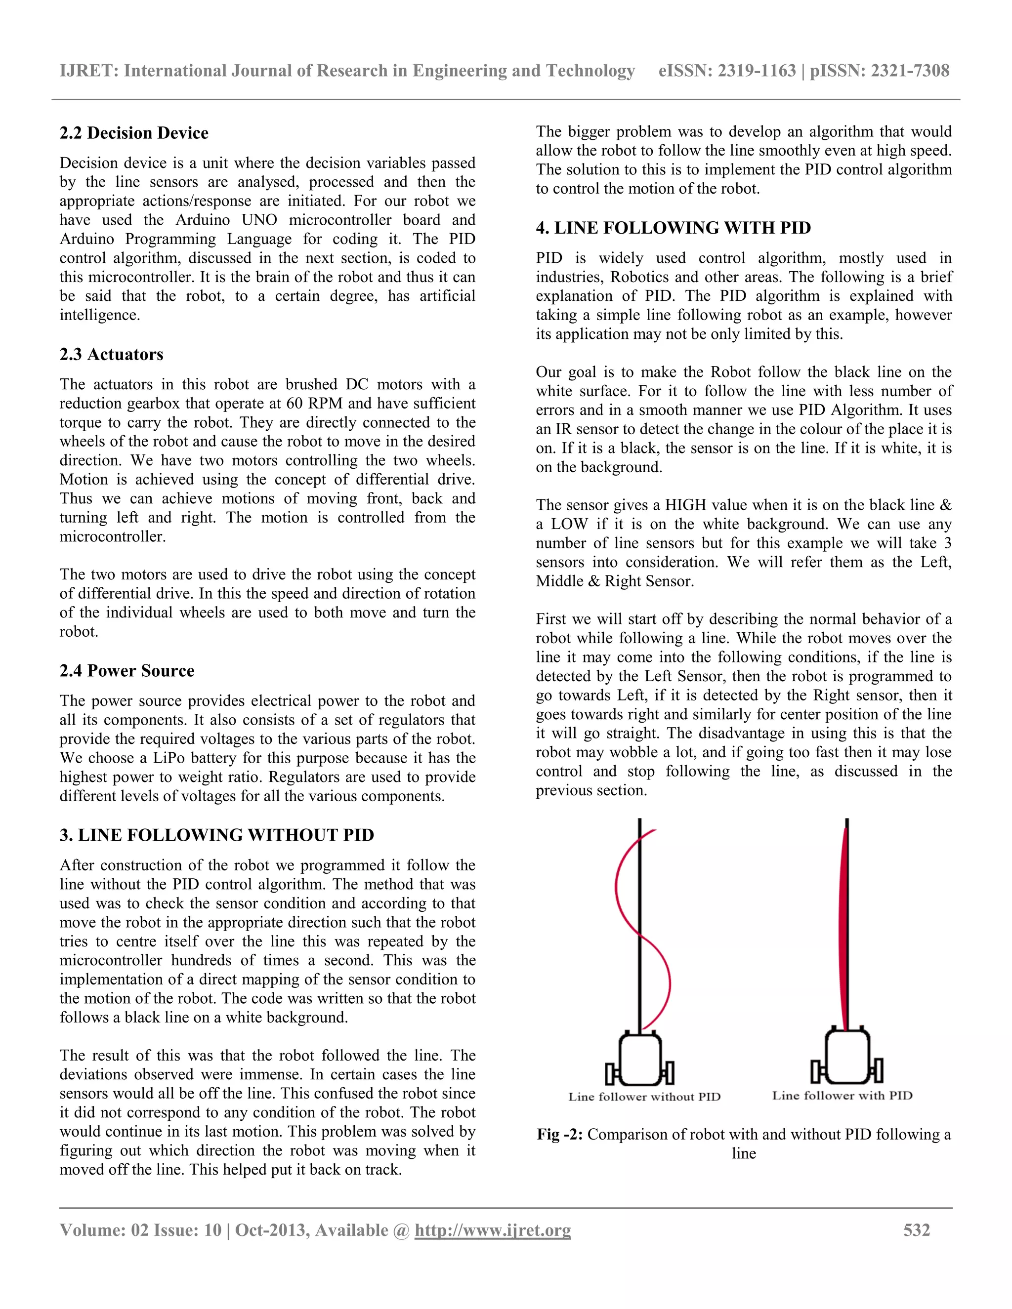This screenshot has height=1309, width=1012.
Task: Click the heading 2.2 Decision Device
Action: [134, 132]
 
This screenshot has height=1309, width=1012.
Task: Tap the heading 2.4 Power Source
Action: [126, 671]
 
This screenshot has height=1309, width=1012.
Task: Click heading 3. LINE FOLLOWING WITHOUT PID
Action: [216, 835]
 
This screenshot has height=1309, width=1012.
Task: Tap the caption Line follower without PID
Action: [644, 1097]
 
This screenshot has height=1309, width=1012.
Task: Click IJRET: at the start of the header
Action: [89, 71]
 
